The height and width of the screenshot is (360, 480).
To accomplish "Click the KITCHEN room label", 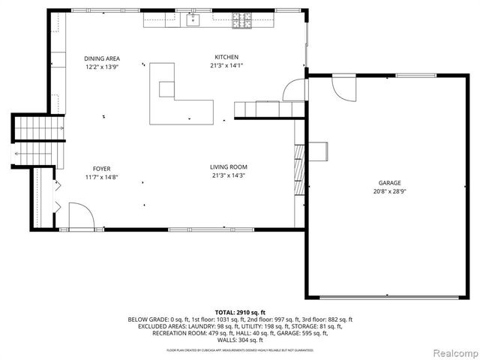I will pyautogui.click(x=226, y=57).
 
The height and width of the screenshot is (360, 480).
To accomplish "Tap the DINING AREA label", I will pyautogui.click(x=102, y=58).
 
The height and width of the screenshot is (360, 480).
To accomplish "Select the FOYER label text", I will pyautogui.click(x=102, y=168).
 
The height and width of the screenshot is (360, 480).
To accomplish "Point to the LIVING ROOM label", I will pyautogui.click(x=229, y=166).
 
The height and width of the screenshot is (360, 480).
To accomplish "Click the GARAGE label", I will pyautogui.click(x=389, y=183).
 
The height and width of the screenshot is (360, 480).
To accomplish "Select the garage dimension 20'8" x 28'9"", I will pyautogui.click(x=389, y=190).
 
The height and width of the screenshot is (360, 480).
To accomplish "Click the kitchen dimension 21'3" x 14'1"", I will pyautogui.click(x=226, y=65).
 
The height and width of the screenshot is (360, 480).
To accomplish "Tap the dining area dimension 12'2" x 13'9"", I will pyautogui.click(x=102, y=67).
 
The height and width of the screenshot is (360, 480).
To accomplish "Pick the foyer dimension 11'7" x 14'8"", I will pyautogui.click(x=102, y=176).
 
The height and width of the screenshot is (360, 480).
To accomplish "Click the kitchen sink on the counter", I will pyautogui.click(x=193, y=19).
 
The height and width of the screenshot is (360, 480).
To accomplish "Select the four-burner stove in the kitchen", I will pyautogui.click(x=241, y=19).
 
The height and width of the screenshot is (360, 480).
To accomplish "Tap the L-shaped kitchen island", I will pyautogui.click(x=177, y=97).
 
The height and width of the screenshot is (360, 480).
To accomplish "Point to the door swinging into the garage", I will pyautogui.click(x=346, y=89).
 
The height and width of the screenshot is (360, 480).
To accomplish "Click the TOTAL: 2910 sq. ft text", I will pyautogui.click(x=240, y=312).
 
